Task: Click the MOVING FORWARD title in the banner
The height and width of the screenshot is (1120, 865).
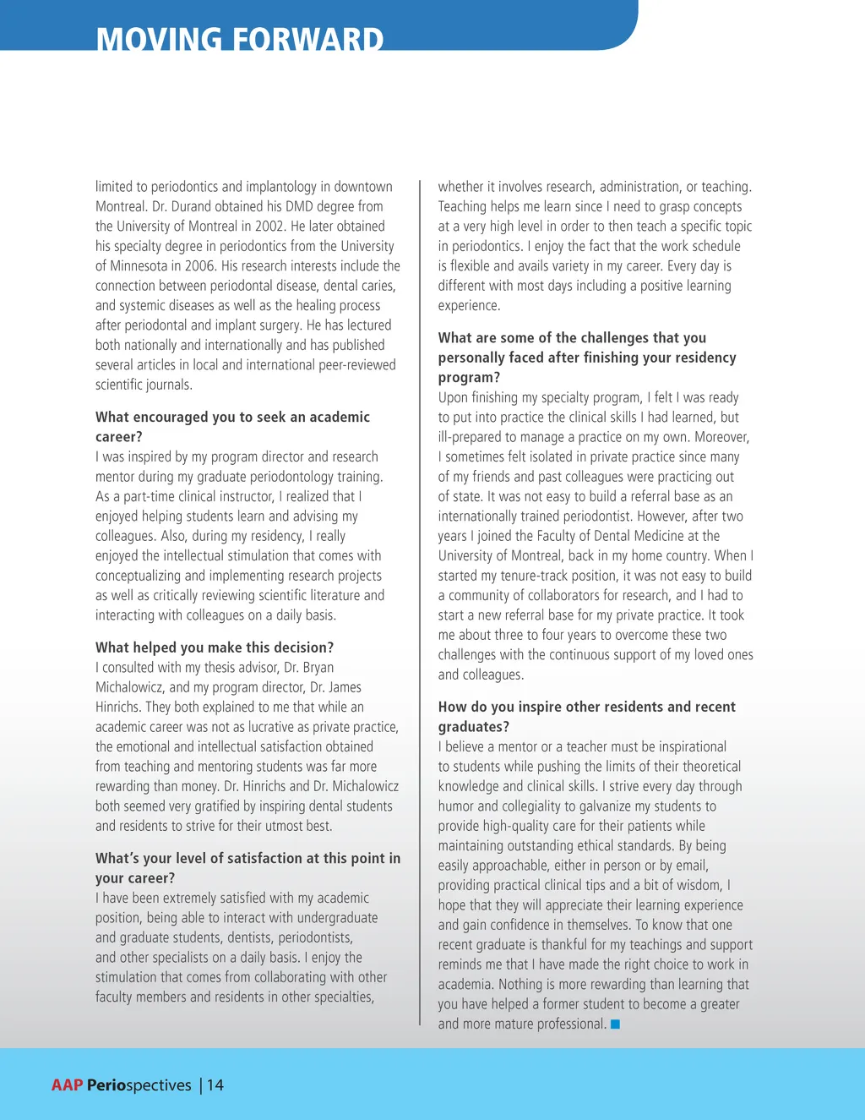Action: (x=240, y=39)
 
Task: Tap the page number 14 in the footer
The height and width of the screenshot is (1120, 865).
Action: (x=215, y=1085)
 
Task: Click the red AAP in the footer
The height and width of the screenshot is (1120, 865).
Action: (x=67, y=1085)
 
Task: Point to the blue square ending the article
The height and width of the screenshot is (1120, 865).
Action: (x=616, y=1024)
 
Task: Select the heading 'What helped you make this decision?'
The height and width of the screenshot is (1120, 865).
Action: (x=215, y=647)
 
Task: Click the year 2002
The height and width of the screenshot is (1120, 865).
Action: (x=269, y=227)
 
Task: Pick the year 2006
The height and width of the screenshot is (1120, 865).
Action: (x=199, y=266)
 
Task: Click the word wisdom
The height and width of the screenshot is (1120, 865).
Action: (x=695, y=886)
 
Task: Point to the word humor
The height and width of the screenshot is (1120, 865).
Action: (x=457, y=806)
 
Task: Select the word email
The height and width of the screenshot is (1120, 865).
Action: (x=689, y=866)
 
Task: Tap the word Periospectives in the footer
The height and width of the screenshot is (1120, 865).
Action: (x=139, y=1085)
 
